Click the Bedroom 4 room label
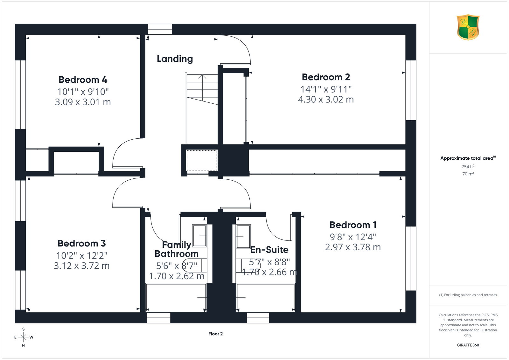point(83,80)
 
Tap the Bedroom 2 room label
point(326,77)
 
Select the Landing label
point(175,59)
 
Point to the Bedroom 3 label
point(82,244)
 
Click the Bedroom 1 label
point(353,225)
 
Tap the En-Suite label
point(269,250)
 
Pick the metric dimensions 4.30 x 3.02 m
point(326,100)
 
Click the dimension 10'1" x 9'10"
point(83,92)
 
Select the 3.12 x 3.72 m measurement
point(82,266)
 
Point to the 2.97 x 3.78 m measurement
point(353,247)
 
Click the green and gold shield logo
point(468,27)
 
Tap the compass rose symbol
point(24,337)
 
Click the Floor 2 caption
point(215,334)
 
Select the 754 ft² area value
point(468,167)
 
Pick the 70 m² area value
point(468,174)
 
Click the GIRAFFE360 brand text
point(468,345)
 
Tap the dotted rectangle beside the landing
point(202,160)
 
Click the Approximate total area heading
point(468,158)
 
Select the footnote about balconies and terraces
point(468,295)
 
